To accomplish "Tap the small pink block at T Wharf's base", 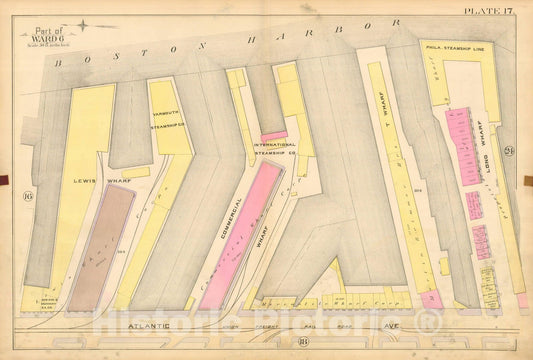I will [x=431, y=298].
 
